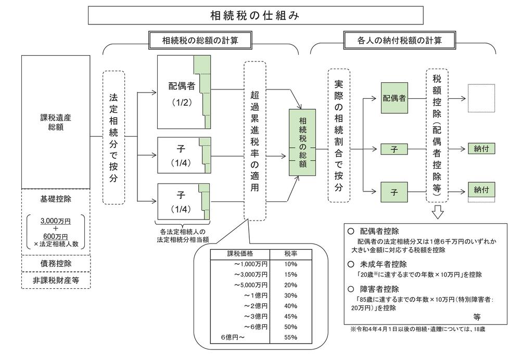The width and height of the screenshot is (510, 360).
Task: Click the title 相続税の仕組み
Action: point(255,15)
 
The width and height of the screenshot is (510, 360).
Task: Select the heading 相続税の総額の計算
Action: point(200,41)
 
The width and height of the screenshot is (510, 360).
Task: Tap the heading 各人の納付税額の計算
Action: point(400,41)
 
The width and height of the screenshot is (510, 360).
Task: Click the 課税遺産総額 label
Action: point(56,122)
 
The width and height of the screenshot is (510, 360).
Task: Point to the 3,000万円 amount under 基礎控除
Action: point(56,221)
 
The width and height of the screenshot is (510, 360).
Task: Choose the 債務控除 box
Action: point(56,263)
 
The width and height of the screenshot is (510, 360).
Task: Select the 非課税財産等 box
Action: point(56,280)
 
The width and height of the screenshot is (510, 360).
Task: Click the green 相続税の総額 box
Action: point(302,143)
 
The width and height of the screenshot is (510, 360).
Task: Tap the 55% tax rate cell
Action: point(291,338)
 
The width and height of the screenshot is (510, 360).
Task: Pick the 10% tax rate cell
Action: point(291,264)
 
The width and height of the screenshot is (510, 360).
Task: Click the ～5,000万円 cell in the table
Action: point(251,285)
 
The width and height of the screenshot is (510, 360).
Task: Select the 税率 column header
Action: point(291,254)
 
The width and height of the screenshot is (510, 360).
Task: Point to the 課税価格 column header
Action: point(240,254)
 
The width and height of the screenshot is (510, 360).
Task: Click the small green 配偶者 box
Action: point(394,98)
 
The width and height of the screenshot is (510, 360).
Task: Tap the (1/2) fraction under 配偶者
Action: point(182,103)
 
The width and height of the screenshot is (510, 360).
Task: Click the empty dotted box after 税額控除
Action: point(481,98)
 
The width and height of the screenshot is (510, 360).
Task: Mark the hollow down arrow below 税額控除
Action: point(438,212)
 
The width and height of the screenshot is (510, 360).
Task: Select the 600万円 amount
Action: point(56,236)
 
